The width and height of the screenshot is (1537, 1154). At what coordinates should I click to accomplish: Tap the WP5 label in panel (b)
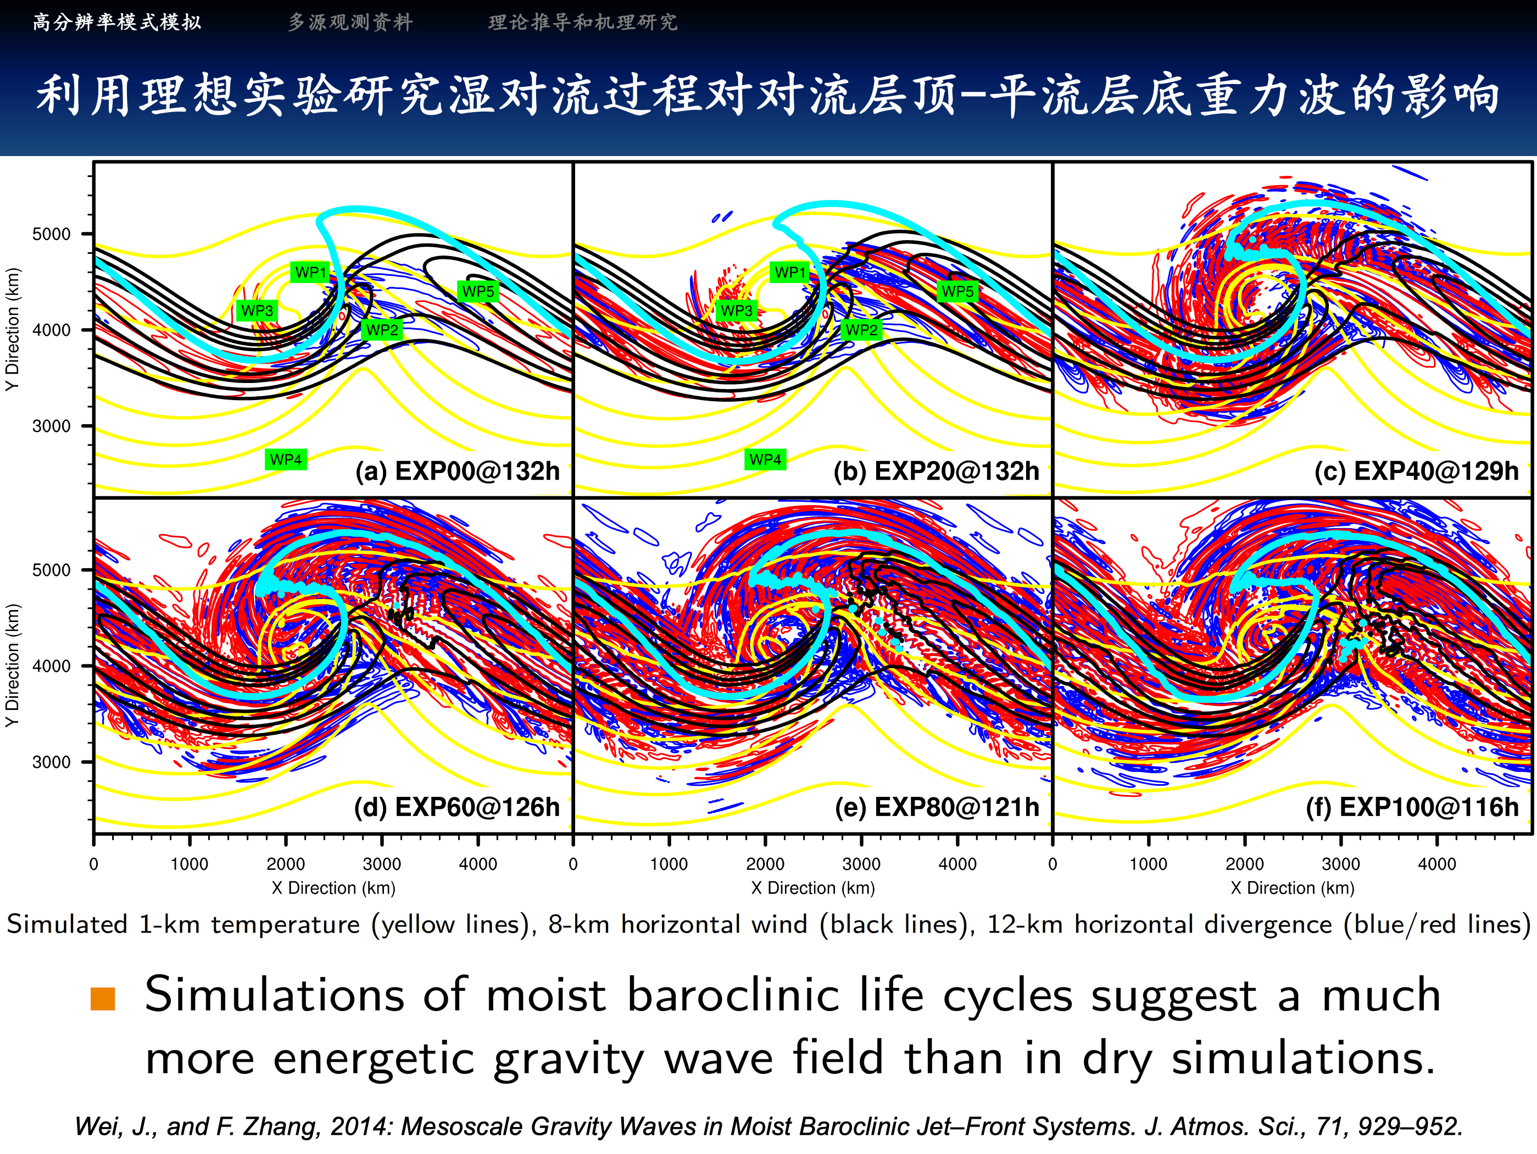coord(957,291)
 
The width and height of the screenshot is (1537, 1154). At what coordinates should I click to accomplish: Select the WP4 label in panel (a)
coord(286,459)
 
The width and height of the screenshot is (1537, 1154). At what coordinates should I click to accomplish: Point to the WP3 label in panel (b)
coord(737,310)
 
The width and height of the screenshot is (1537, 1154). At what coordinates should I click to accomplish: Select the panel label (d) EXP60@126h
coord(456,807)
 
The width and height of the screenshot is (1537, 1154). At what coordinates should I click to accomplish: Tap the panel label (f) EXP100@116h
coord(1412,807)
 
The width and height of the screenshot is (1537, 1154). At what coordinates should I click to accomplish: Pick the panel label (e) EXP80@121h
coord(937,807)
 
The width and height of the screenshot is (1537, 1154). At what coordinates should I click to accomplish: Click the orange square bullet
coord(103,999)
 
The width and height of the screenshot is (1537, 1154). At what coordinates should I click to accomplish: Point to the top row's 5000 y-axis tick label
coord(52,234)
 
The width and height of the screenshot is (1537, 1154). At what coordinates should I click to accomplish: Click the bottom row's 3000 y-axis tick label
coord(52,762)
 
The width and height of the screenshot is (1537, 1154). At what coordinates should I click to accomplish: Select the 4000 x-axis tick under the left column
coord(478,864)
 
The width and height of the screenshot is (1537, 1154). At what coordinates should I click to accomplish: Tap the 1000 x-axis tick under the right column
coord(1149,864)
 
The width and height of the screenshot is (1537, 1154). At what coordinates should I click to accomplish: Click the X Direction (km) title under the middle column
coord(813,887)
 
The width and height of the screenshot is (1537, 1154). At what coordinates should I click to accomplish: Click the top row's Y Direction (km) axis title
coord(12,330)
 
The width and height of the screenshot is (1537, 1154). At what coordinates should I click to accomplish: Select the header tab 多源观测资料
coord(350,22)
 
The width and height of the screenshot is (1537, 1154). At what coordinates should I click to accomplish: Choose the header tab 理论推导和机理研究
coord(582,22)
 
